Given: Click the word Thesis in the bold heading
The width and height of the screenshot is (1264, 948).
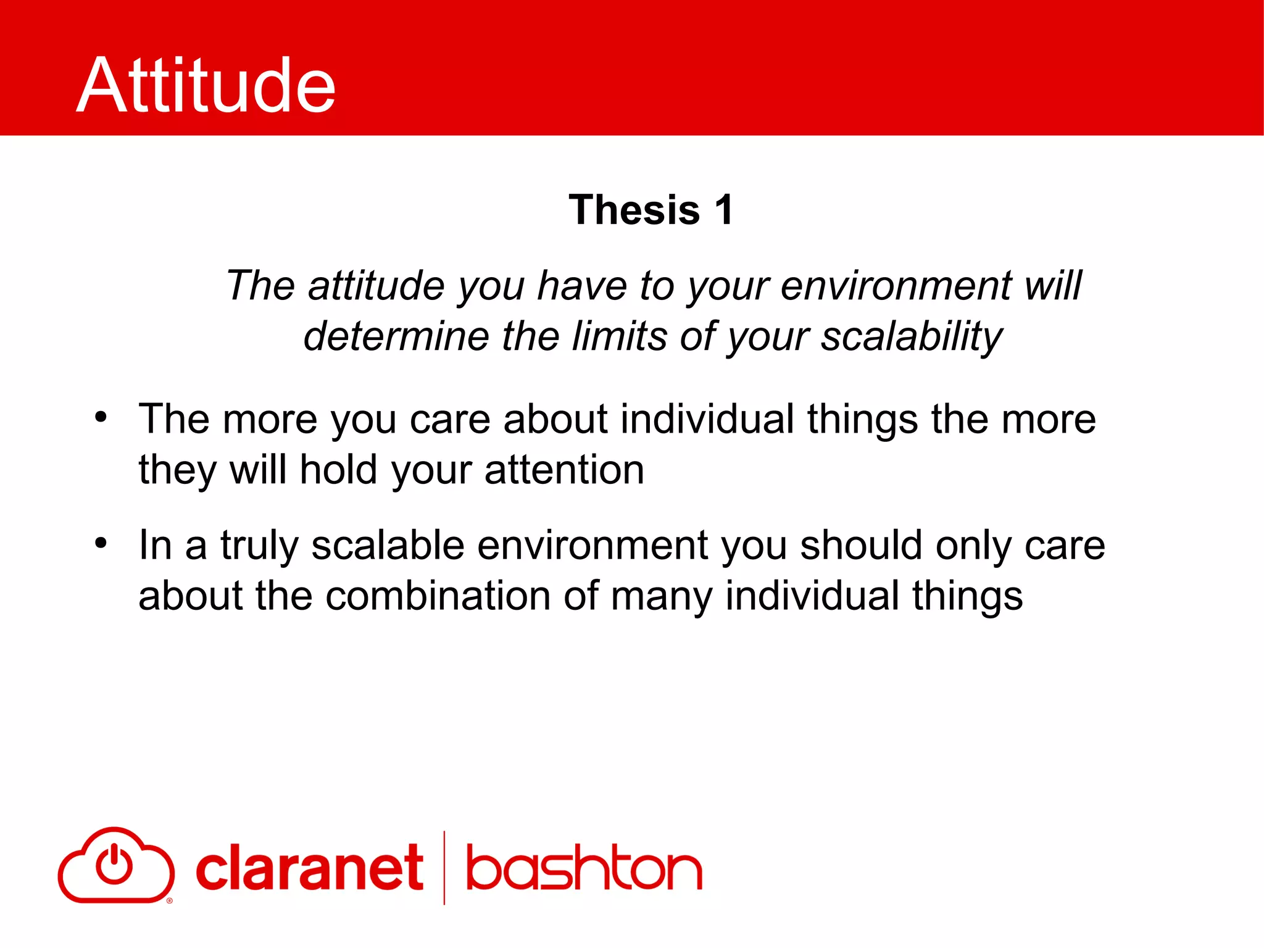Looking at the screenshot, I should pos(634,210).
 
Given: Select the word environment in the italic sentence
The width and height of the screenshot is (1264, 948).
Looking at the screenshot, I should pos(896,286).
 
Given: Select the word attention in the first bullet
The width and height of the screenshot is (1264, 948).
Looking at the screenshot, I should pos(564,470).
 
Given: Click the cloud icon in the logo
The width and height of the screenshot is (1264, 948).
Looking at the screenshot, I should pos(115,865).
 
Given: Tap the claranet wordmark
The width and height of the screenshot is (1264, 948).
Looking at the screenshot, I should pos(309,869).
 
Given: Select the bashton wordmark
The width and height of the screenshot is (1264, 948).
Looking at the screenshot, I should pos(584,869).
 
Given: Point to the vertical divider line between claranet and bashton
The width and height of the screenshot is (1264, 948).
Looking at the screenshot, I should pos(444,868).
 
